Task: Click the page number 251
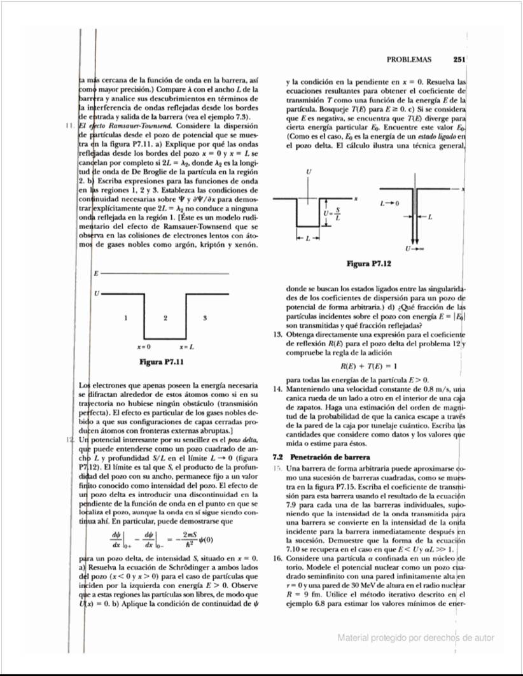click(x=459, y=60)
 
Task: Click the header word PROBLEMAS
click(x=408, y=60)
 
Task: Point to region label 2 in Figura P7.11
click(x=165, y=317)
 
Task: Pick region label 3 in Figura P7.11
click(x=204, y=317)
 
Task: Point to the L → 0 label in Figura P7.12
click(x=389, y=204)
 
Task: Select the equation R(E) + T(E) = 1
click(x=369, y=366)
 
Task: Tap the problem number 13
click(x=277, y=334)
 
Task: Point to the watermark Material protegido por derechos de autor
click(x=415, y=637)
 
